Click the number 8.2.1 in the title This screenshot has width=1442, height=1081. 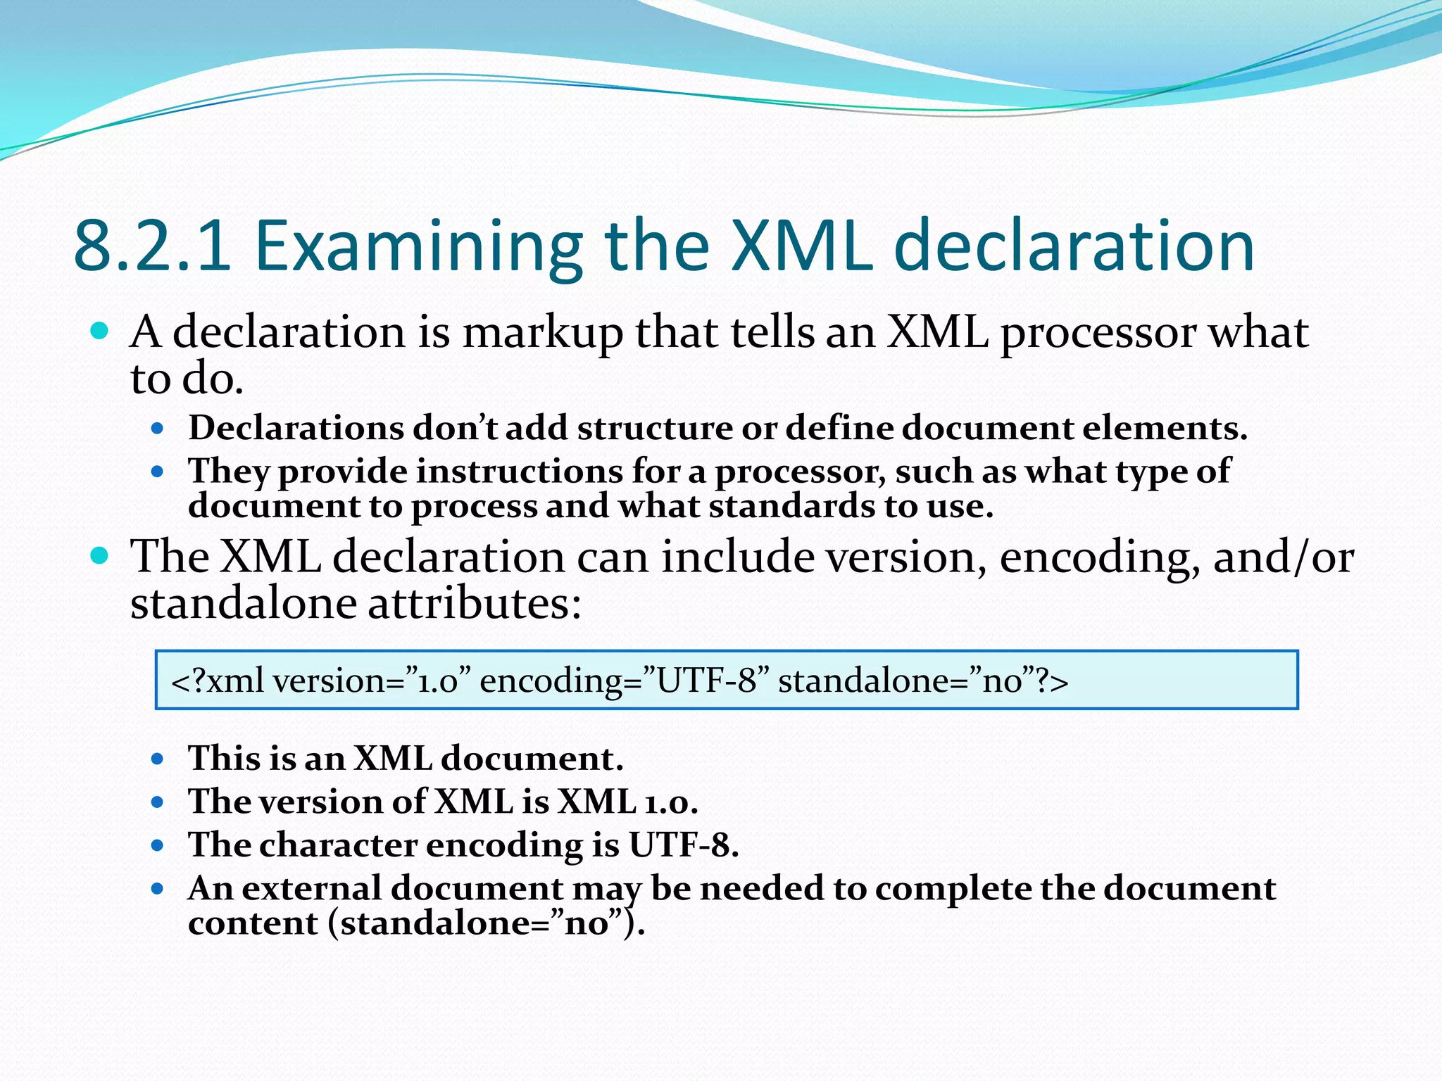click(x=152, y=246)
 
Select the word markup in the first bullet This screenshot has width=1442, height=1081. click(x=542, y=332)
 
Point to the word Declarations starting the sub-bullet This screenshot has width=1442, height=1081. click(x=296, y=428)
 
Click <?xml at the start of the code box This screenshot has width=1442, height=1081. click(x=218, y=681)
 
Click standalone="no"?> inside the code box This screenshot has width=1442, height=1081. click(x=922, y=681)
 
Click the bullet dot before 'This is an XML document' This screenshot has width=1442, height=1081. click(x=158, y=759)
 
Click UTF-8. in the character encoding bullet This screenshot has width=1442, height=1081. click(x=683, y=845)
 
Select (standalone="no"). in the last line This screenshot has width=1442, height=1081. click(x=486, y=923)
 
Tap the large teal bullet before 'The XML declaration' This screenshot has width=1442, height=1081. click(x=100, y=556)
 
